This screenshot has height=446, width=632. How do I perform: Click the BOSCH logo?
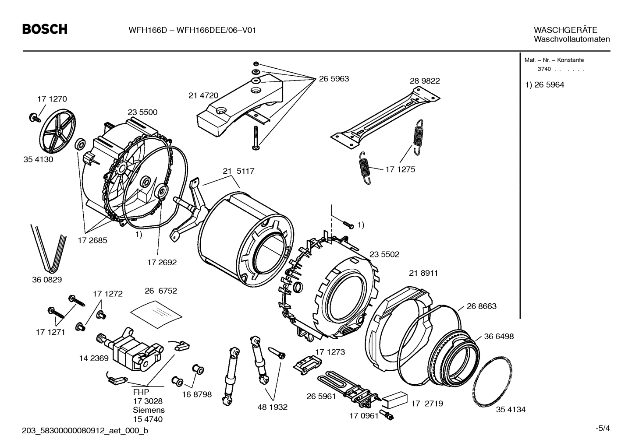(x=45, y=29)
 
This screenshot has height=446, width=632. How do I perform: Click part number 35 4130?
(x=38, y=159)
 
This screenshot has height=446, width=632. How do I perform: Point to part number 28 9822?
(x=425, y=81)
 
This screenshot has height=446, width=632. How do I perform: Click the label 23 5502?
(x=384, y=254)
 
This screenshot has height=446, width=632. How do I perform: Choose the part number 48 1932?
(x=272, y=407)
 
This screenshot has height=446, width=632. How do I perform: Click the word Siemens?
(x=149, y=410)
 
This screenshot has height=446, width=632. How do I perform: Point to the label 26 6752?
(x=161, y=291)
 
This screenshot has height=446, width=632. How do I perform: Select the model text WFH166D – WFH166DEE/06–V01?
(x=192, y=30)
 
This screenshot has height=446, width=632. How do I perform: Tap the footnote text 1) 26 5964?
(x=545, y=85)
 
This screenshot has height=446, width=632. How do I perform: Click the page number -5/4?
(x=602, y=428)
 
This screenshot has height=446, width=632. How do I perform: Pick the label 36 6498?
(x=499, y=337)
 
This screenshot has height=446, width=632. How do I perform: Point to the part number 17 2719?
(x=427, y=404)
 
